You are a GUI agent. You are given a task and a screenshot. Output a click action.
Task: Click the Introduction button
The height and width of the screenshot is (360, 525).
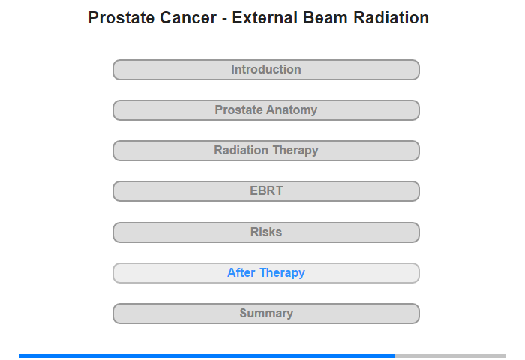266,70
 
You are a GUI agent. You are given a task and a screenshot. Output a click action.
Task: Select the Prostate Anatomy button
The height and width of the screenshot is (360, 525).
266,110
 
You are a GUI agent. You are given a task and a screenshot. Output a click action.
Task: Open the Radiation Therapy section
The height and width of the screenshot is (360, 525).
266,151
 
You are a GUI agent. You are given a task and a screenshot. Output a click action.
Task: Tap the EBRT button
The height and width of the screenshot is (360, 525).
266,191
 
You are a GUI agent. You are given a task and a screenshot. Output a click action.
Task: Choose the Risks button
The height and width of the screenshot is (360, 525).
266,232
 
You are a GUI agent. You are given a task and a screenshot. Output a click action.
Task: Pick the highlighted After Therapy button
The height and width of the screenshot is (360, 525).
266,273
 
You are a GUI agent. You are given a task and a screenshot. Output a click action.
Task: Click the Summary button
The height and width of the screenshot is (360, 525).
266,313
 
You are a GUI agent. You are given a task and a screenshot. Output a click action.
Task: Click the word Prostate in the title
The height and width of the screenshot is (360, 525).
121,18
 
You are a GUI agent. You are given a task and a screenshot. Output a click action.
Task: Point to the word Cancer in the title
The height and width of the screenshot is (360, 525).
188,18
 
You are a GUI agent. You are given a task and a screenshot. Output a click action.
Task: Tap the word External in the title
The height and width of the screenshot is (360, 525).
265,18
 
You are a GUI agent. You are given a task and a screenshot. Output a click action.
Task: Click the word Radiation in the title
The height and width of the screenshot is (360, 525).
391,18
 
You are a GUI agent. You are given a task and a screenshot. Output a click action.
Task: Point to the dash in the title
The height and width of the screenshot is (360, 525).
224,19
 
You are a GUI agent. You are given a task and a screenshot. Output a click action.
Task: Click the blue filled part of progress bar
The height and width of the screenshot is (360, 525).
206,356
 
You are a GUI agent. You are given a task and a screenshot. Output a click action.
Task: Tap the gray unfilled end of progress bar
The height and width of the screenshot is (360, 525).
450,356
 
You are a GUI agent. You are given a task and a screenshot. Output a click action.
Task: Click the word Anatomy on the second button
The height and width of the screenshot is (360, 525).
292,110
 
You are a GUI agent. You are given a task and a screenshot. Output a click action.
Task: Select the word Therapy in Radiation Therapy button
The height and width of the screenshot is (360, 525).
295,151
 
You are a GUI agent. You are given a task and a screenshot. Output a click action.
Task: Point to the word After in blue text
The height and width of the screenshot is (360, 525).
241,272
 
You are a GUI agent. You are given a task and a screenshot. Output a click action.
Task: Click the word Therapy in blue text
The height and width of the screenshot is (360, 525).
282,273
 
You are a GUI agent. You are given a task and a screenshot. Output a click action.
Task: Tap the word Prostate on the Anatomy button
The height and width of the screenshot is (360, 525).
238,109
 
